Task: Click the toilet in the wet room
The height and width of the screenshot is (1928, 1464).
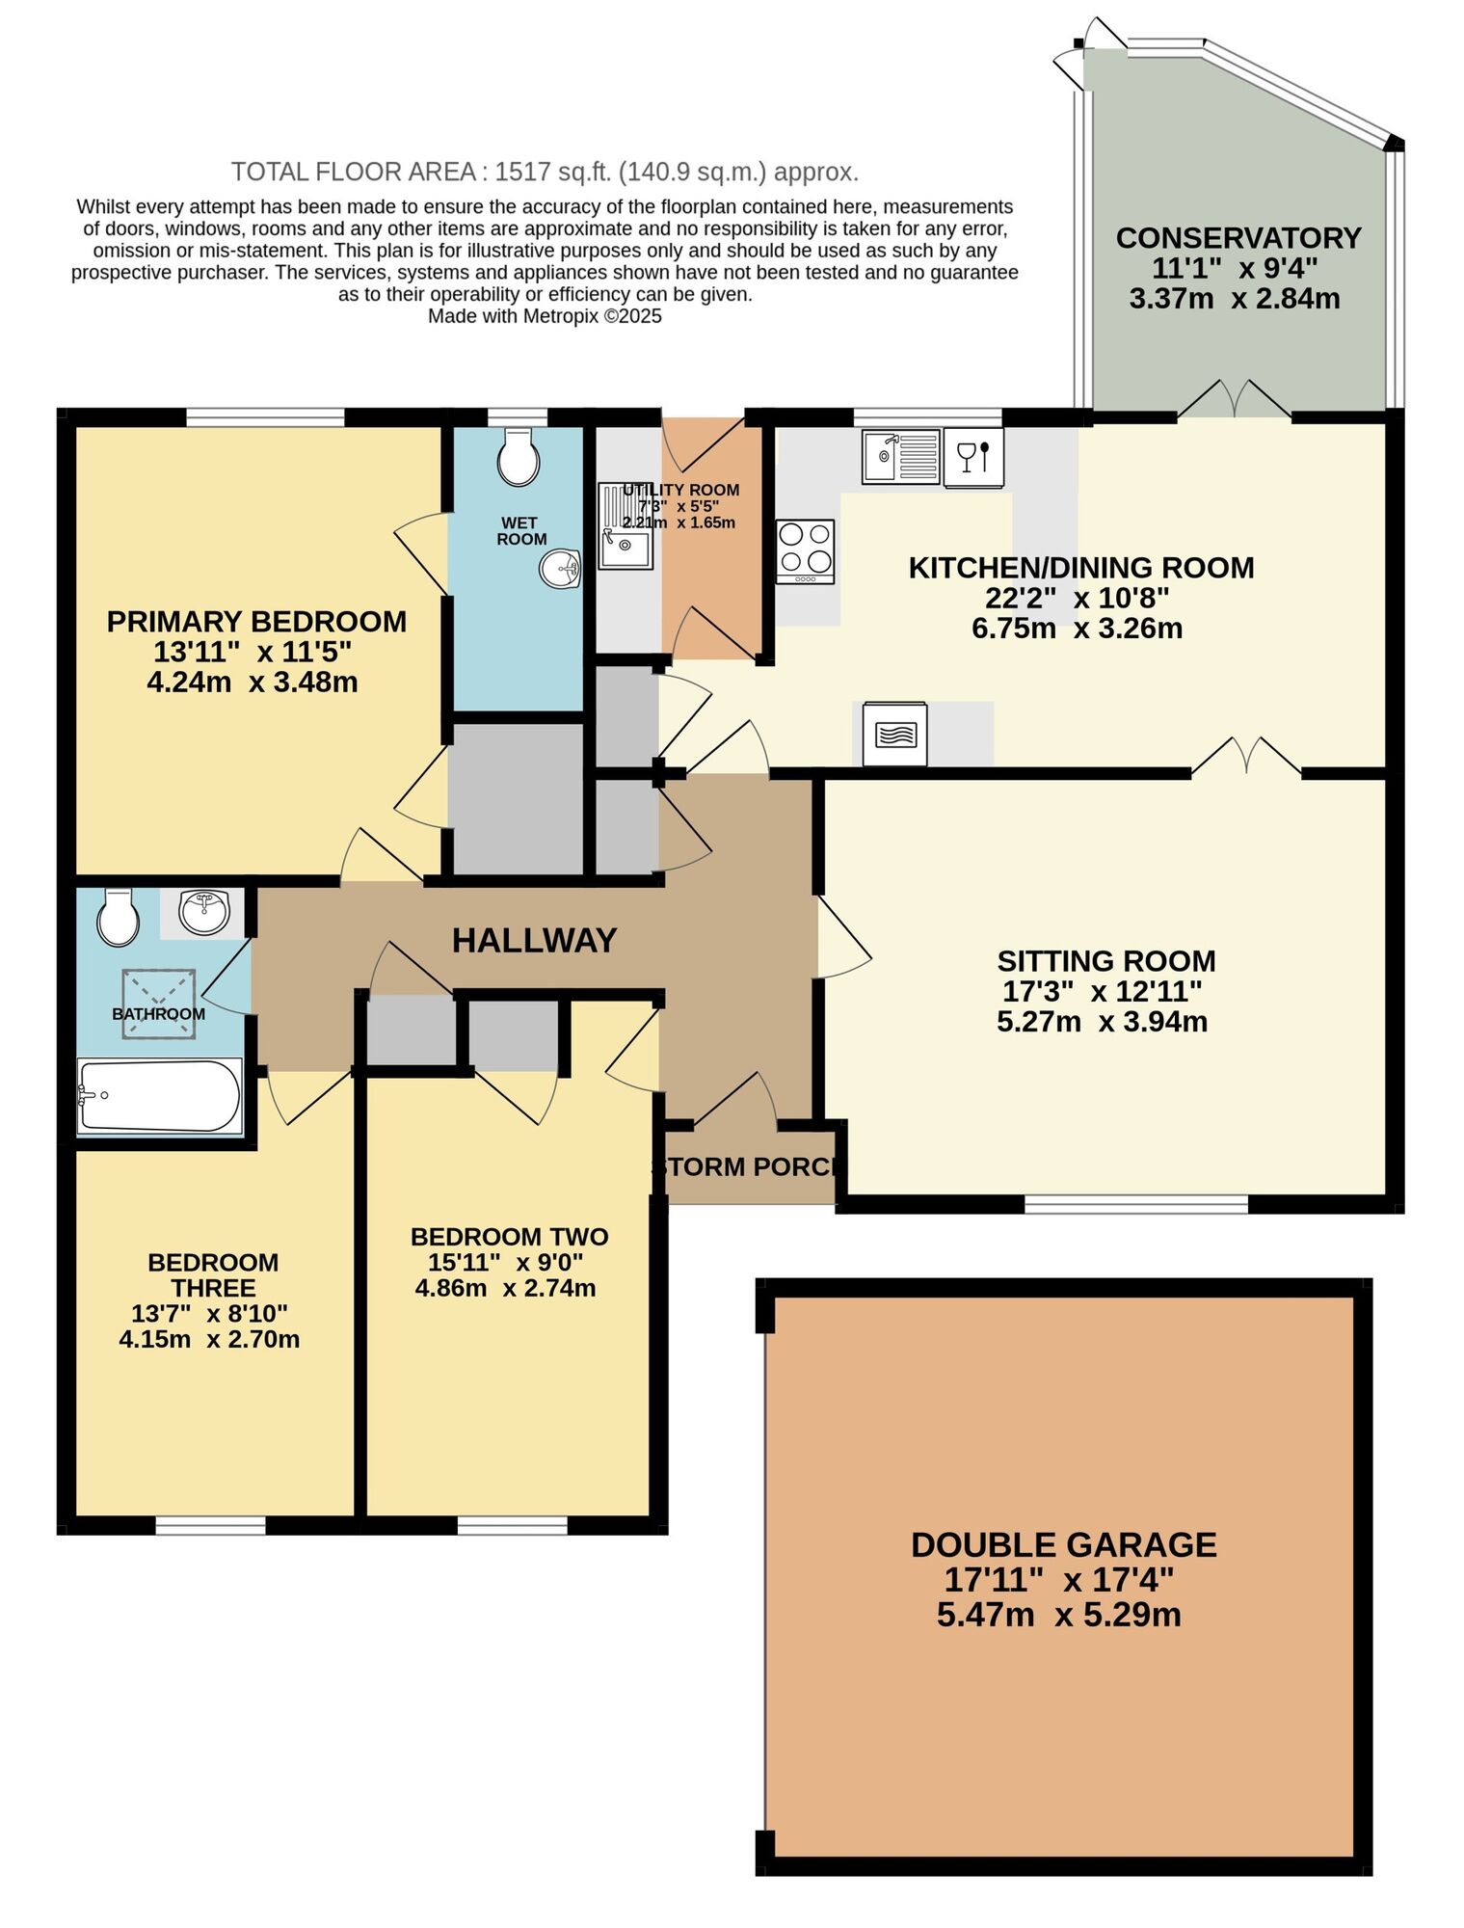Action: pos(518,458)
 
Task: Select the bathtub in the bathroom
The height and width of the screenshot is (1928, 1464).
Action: pos(160,1095)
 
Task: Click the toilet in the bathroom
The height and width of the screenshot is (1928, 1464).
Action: pos(118,918)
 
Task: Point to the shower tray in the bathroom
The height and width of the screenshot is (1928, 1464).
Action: pos(159,1004)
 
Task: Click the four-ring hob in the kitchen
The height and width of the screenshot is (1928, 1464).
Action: pos(805,550)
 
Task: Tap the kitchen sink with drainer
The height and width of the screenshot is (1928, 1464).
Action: pos(901,456)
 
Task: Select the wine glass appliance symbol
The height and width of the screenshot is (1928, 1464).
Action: pos(973,456)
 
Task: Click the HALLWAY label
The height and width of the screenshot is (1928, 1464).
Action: pos(534,941)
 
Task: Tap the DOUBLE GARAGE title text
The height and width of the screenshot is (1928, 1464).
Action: pos(1063,1545)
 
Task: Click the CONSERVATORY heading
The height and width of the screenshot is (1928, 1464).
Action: pos(1238,237)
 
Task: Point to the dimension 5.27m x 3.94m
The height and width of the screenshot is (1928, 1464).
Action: pos(1102,1022)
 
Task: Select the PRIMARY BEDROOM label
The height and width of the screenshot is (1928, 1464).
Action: pos(256,622)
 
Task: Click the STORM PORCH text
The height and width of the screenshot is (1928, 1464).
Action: pos(750,1167)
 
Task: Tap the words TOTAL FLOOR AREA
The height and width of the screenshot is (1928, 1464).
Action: pos(353,173)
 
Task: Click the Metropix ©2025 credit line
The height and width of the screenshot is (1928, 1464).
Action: pos(545,316)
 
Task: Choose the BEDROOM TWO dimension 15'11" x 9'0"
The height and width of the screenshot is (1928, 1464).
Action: pos(506,1263)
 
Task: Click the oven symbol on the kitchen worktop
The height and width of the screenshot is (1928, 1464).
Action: pos(894,735)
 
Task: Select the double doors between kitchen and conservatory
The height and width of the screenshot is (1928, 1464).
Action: pos(1235,400)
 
